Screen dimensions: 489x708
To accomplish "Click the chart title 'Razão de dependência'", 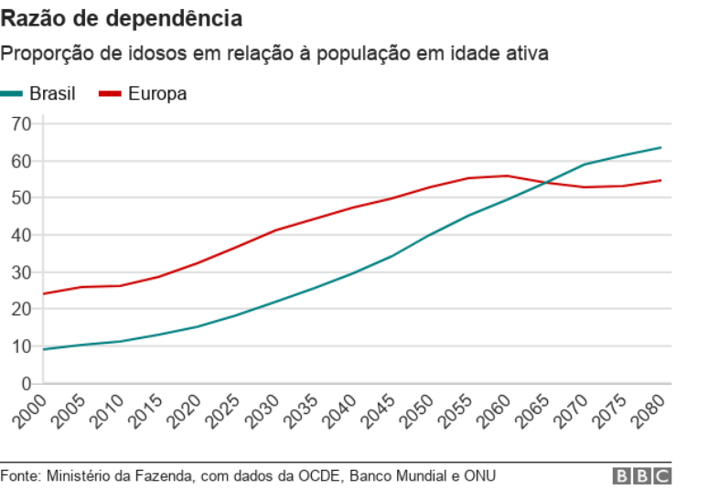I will (122, 18).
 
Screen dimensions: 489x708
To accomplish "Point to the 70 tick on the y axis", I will (22, 123).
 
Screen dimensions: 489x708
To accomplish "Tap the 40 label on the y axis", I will (22, 235).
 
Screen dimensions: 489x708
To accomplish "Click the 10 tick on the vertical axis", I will (22, 346).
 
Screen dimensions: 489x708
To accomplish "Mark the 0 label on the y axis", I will (27, 384).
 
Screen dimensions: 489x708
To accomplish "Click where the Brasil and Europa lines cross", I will (546, 183).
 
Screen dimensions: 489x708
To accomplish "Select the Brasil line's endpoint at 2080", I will (660, 147).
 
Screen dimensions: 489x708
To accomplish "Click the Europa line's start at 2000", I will (43, 293).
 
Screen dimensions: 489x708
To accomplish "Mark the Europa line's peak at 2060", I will (507, 175).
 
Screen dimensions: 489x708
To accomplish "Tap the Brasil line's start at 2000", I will (43, 349).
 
